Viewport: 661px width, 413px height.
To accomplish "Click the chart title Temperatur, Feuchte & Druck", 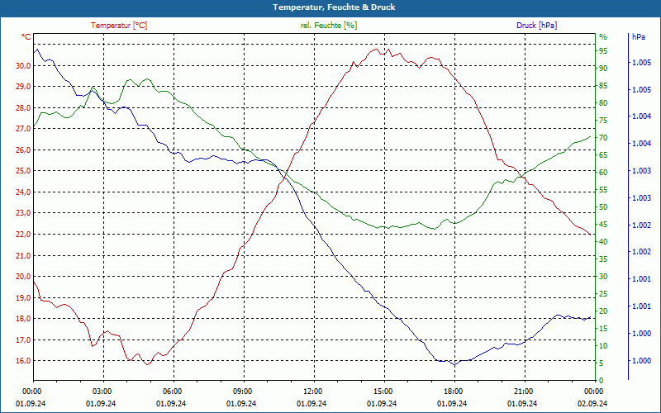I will tap(330, 7).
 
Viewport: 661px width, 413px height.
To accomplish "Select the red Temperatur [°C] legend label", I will tap(119, 26).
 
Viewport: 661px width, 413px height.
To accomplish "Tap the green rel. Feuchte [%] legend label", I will tap(329, 26).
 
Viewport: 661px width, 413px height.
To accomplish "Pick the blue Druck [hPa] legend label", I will tap(536, 26).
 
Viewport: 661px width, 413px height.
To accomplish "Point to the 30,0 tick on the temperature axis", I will tap(21, 65).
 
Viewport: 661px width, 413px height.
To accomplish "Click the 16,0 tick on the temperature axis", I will tap(21, 361).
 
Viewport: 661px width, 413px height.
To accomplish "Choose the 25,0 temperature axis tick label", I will tap(21, 171).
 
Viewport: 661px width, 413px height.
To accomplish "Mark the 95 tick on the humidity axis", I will tap(603, 50).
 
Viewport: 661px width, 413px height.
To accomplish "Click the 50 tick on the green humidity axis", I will tap(603, 207).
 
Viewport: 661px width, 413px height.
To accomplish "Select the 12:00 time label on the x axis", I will tap(312, 392).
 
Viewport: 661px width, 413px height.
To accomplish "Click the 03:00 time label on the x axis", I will tap(102, 392).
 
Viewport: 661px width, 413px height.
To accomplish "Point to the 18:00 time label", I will tap(453, 392).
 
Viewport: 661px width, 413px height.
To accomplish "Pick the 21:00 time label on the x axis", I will tap(523, 392).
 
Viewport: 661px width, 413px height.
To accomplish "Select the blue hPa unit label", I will tap(638, 37).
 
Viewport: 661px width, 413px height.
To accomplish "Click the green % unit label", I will tap(602, 37).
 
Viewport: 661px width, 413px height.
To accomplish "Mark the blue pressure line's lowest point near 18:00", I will tap(453, 364).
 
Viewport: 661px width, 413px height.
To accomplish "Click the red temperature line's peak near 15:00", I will tap(378, 49).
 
